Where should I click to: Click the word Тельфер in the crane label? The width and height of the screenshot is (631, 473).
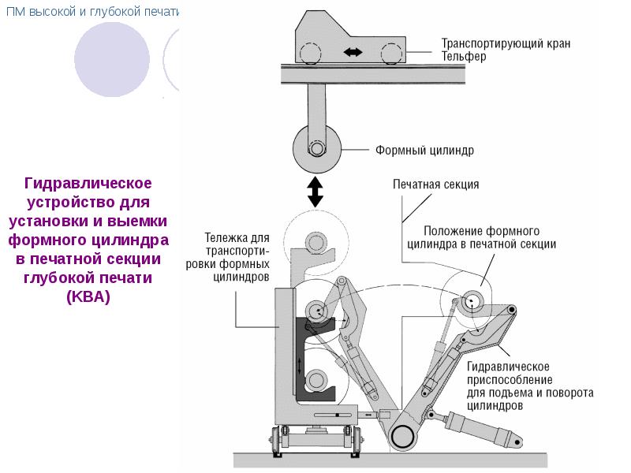point(464,56)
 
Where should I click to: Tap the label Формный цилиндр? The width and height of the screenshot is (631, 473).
point(424,151)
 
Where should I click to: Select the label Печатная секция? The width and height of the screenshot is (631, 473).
point(436,184)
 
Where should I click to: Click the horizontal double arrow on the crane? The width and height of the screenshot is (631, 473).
point(353,52)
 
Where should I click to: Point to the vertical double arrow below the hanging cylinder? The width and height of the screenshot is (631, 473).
point(315,192)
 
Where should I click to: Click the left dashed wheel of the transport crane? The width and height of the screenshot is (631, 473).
point(310,53)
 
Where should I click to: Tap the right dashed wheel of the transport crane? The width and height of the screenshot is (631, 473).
point(391,53)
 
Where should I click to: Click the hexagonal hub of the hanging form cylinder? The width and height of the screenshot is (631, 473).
point(317,148)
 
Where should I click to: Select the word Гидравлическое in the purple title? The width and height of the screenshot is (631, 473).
point(88,184)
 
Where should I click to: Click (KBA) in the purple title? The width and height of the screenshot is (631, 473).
point(88,297)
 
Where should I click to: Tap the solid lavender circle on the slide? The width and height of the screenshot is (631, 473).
point(112,60)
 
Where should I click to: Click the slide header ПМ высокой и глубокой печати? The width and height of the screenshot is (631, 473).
point(92,11)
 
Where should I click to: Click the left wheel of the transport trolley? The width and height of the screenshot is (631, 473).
point(277,441)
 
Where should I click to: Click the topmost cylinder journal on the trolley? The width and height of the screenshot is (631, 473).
point(316,243)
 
